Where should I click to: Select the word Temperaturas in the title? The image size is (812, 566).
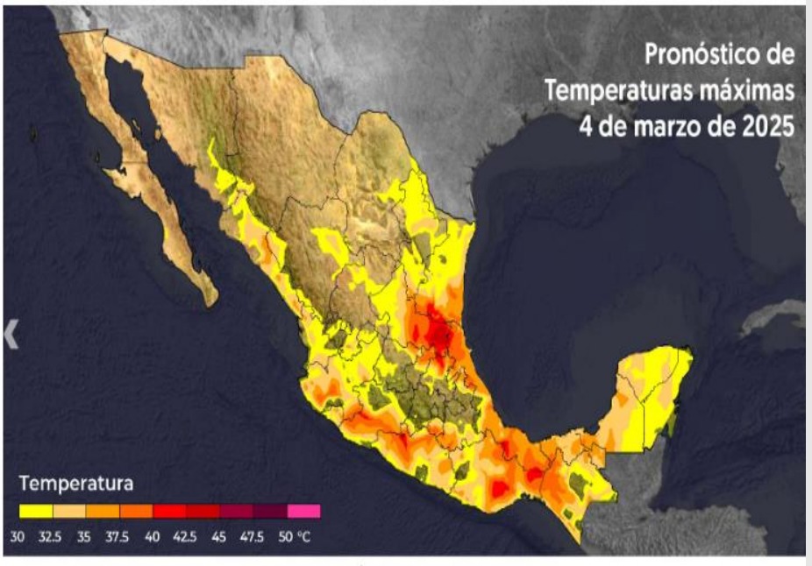pyautogui.click(x=624, y=89)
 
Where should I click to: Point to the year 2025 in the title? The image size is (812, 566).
pyautogui.click(x=766, y=124)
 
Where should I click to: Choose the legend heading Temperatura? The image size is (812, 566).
pyautogui.click(x=75, y=483)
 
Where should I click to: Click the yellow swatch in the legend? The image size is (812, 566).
pyautogui.click(x=36, y=510)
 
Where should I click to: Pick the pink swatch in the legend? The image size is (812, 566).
pyautogui.click(x=303, y=510)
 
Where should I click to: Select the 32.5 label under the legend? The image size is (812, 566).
pyautogui.click(x=51, y=535)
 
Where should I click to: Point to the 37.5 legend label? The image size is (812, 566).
pyautogui.click(x=118, y=535)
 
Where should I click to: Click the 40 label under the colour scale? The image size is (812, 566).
pyautogui.click(x=153, y=535)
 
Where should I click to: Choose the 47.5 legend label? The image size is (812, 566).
pyautogui.click(x=253, y=535)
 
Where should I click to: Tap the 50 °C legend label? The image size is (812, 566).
pyautogui.click(x=294, y=535)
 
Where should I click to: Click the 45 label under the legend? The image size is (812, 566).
pyautogui.click(x=220, y=535)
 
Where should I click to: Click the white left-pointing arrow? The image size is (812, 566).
pyautogui.click(x=11, y=334)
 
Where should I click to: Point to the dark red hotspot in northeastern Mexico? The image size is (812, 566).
pyautogui.click(x=439, y=330)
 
